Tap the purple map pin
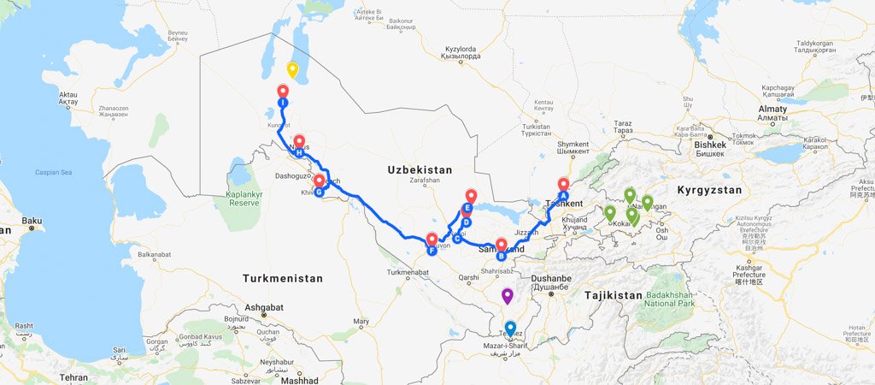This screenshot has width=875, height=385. [x=508, y=296]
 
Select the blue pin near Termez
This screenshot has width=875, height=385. [x=511, y=328]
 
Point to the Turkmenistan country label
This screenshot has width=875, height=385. [x=283, y=278]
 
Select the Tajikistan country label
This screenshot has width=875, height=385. [x=613, y=295]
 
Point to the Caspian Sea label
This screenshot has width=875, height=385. [x=56, y=172]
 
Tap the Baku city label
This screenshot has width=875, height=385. [x=32, y=222]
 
